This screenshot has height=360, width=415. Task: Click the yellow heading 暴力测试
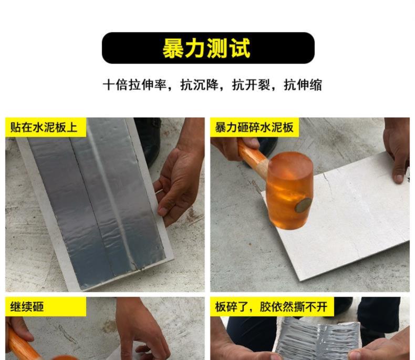click(206, 48)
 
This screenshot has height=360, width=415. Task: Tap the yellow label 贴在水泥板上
click(44, 127)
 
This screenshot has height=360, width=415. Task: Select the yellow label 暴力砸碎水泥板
click(254, 127)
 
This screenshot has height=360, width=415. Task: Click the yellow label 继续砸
click(27, 307)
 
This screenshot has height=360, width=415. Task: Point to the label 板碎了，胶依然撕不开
click(271, 307)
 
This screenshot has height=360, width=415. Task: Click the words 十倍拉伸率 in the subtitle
click(134, 85)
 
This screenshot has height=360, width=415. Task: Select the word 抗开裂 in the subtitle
click(251, 85)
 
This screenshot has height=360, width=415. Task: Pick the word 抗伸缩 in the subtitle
click(303, 85)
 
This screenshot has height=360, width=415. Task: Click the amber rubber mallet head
click(290, 191)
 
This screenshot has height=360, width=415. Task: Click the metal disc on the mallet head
click(303, 205)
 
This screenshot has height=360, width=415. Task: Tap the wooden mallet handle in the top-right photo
click(252, 156)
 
